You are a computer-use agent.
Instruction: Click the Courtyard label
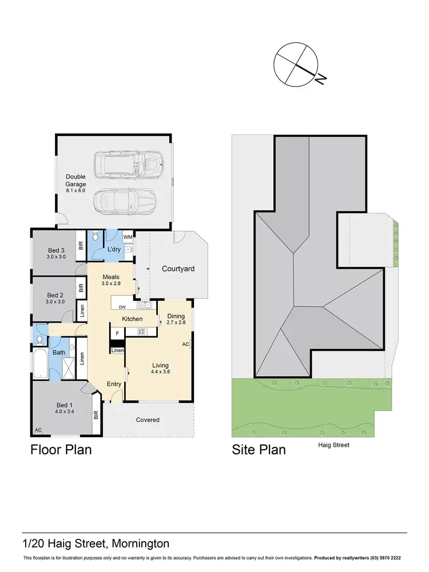click(178, 268)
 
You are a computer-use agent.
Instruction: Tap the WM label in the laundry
click(128, 237)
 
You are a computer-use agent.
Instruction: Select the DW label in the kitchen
click(122, 307)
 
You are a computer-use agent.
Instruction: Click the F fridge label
click(117, 332)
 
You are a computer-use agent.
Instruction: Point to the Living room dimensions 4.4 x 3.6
click(160, 372)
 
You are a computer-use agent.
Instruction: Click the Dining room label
click(176, 316)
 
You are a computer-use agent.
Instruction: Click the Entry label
click(113, 384)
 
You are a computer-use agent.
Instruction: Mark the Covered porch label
click(148, 420)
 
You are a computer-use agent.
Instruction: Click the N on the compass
click(321, 79)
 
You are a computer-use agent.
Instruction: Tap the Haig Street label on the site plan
click(333, 445)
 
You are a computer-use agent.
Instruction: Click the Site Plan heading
click(258, 450)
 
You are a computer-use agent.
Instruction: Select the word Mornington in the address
click(141, 543)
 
